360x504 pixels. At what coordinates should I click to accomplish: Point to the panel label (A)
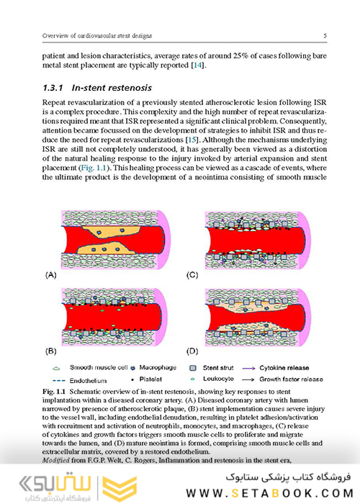point(53,275)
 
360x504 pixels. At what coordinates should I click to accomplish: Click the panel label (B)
point(53,352)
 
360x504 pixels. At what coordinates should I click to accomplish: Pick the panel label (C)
point(193,275)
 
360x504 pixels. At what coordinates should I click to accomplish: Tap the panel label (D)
point(193,352)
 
